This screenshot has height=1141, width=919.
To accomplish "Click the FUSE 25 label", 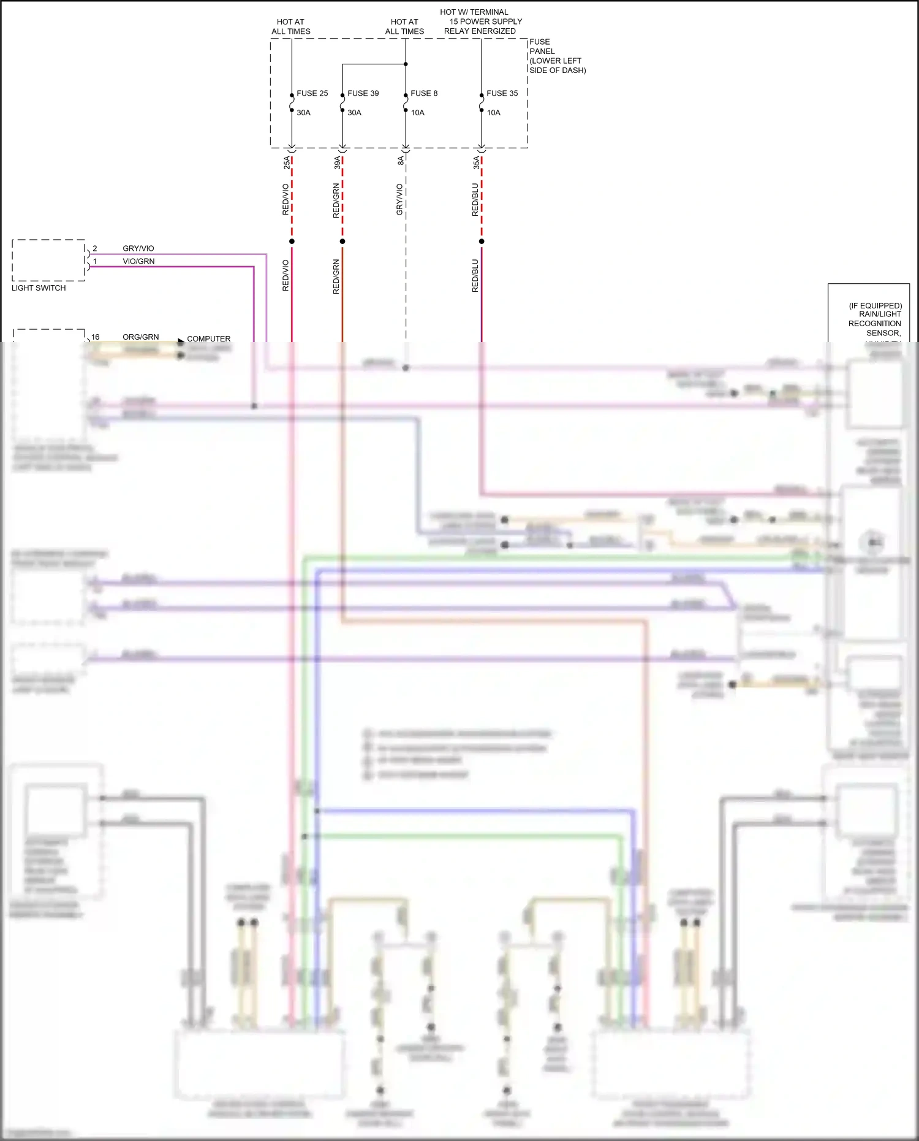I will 312,93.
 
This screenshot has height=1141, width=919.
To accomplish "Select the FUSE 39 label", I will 363,93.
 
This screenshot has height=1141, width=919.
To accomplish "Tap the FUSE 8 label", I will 424,93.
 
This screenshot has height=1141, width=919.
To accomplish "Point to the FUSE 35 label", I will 502,93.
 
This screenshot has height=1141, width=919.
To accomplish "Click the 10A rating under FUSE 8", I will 417,113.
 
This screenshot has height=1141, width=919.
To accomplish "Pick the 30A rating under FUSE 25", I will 303,113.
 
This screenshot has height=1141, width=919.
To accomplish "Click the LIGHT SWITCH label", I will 39,288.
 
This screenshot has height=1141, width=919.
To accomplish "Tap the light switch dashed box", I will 48,260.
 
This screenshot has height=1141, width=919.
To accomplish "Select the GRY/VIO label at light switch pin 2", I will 138,248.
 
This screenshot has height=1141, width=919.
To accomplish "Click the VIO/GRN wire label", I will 138,261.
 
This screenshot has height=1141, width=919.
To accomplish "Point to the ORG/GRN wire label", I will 140,337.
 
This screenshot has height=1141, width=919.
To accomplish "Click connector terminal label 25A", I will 287,162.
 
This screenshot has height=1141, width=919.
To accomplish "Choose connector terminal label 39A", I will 338,162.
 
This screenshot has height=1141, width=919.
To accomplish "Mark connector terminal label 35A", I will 476,162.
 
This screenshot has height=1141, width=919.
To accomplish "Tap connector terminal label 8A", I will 401,161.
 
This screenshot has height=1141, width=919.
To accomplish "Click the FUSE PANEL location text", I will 556,56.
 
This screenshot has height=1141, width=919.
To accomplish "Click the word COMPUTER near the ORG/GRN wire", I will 208,338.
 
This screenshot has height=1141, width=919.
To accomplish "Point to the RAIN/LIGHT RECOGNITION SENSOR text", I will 876,319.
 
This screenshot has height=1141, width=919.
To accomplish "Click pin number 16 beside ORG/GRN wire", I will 96,337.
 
